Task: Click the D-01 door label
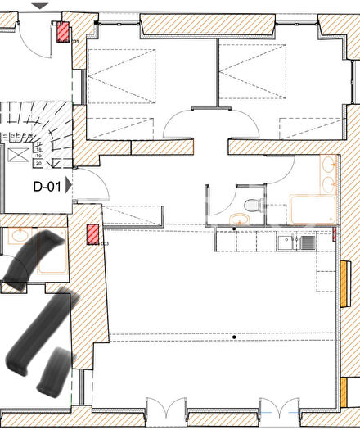pos(47,186)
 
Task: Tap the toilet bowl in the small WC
pos(253,203)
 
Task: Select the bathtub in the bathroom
pos(313,209)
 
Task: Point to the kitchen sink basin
pos(307,242)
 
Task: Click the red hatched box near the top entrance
pos(62,32)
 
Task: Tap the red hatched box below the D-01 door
pos(92,234)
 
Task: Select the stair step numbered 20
pos(38,164)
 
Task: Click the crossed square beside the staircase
pos(17,156)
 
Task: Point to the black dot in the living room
pos(234,337)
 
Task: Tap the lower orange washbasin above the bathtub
pos(329,183)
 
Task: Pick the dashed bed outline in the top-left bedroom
pos(120,75)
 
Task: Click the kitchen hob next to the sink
pos(286,242)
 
